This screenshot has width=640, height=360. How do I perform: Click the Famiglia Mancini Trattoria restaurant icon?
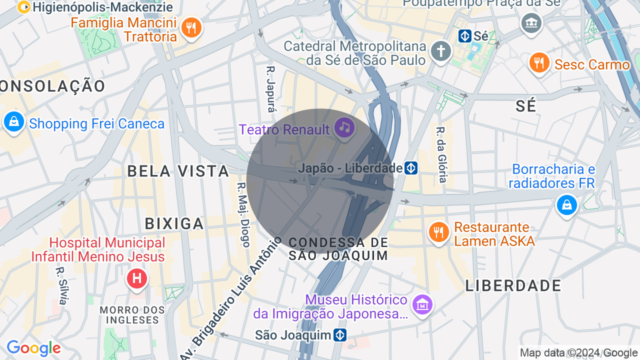click(x=191, y=27)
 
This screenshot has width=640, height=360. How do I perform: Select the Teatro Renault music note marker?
click(x=344, y=128)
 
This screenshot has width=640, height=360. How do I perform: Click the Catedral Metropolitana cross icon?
click(x=441, y=51)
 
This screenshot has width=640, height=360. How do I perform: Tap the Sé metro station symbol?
click(x=465, y=36)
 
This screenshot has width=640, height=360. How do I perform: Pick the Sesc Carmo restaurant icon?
click(x=539, y=63)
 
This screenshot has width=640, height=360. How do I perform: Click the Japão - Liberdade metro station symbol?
click(x=411, y=168)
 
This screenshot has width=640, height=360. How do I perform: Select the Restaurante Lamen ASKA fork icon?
click(x=438, y=233)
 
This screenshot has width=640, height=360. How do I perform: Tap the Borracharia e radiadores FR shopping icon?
click(x=566, y=205)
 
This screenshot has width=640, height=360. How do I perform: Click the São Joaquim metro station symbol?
click(x=340, y=334)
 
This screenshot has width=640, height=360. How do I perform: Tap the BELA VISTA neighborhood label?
click(x=178, y=171)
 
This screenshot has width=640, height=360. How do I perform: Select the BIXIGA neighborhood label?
click(x=174, y=223)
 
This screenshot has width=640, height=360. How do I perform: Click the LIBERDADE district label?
click(x=513, y=285)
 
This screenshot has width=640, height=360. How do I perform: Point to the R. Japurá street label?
click(x=271, y=90)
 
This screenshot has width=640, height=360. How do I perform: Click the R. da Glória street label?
click(x=441, y=154)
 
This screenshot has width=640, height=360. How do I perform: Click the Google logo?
click(x=33, y=348)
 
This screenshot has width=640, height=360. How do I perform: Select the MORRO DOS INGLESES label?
click(x=132, y=314)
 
